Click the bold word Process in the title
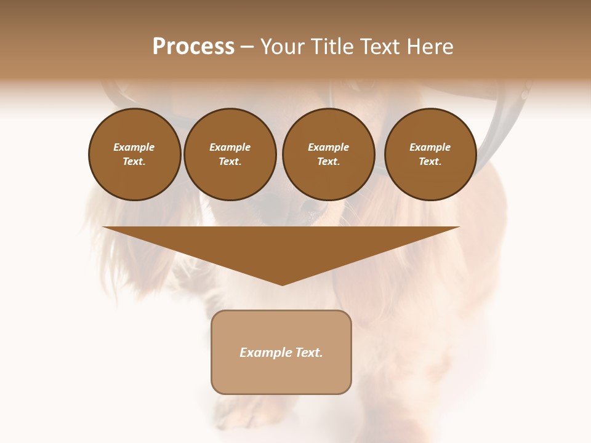tap(193, 47)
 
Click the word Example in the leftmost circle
tap(134, 147)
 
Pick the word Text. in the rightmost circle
tap(430, 161)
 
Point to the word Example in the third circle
tap(328, 147)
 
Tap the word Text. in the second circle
tap(230, 161)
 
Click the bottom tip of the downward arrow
tap(282, 284)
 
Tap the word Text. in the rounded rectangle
tap(309, 353)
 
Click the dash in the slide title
tap(247, 47)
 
